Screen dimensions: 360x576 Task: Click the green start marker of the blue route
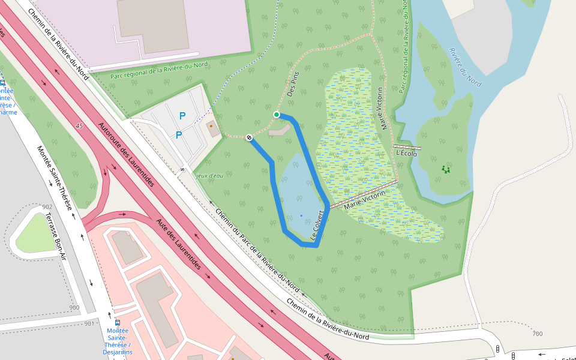[x=277, y=115]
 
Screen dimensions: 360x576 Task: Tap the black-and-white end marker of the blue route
[x=249, y=138]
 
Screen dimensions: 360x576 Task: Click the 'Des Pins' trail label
[x=293, y=85]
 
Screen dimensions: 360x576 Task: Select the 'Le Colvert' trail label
[x=317, y=226]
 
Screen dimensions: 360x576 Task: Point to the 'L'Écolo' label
[x=407, y=154]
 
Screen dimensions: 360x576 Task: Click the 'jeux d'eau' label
[x=209, y=176]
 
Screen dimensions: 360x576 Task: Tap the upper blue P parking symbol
[x=182, y=116]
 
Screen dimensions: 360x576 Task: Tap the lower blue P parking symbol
[x=179, y=135]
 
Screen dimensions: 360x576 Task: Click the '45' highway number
[x=79, y=125]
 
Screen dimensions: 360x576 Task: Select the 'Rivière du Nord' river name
[x=466, y=67]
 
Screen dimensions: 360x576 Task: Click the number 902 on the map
[x=47, y=206]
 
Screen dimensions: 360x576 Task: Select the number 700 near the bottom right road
[x=537, y=334]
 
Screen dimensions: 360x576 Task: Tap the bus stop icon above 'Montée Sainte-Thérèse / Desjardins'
[x=117, y=322]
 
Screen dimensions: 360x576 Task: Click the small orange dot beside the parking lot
[x=211, y=126]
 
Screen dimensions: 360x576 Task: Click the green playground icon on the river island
[x=446, y=170]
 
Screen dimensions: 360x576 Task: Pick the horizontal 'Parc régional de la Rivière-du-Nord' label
[x=159, y=71]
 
